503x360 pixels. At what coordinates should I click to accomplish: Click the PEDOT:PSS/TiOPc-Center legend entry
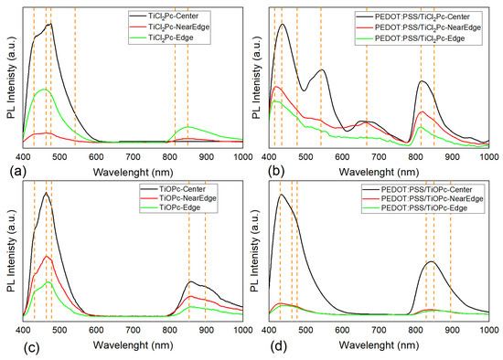[440, 185]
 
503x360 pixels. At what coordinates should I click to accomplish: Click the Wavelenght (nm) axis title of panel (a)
[134, 167]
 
